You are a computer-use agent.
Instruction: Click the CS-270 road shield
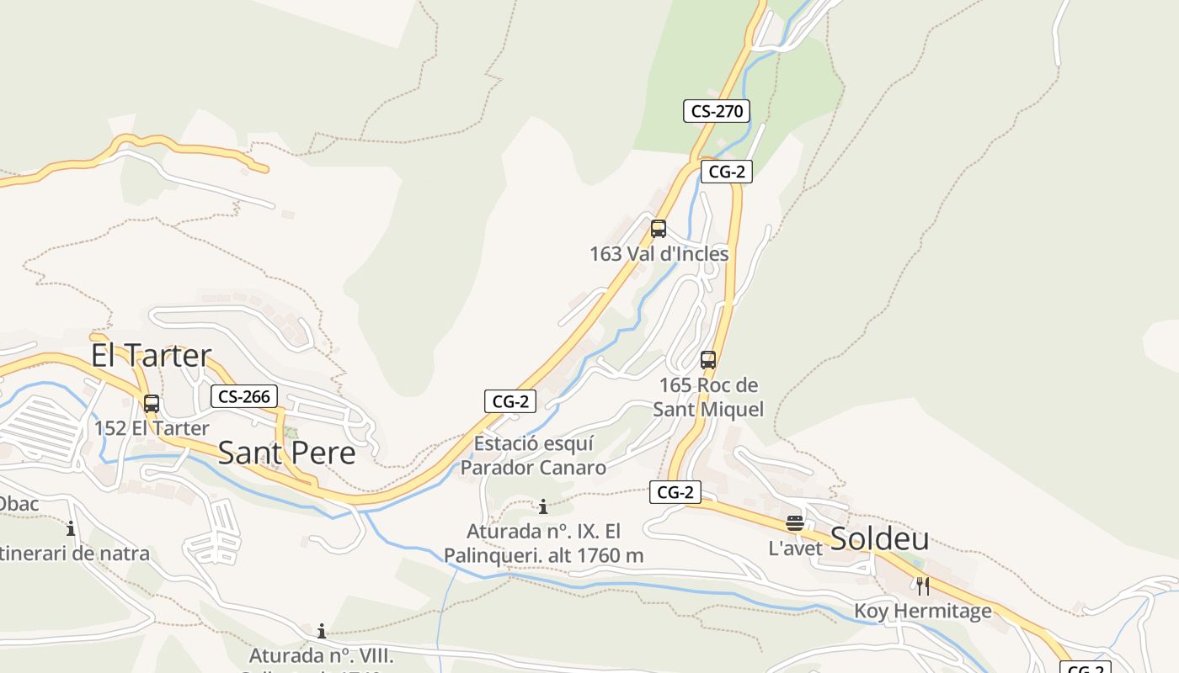click(x=716, y=110)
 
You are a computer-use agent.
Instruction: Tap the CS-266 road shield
click(x=244, y=396)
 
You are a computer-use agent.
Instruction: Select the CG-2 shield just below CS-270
click(x=726, y=172)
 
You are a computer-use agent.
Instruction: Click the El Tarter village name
click(x=151, y=355)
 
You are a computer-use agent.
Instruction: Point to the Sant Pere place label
click(x=286, y=453)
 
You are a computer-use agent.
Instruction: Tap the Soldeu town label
click(x=880, y=538)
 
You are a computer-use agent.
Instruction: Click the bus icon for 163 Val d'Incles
click(x=659, y=228)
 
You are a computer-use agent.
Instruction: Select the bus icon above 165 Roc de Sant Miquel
click(x=708, y=360)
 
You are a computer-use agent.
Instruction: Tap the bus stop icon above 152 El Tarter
click(x=152, y=403)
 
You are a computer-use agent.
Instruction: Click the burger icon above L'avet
click(x=795, y=523)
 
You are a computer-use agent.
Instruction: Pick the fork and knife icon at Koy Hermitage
click(x=923, y=586)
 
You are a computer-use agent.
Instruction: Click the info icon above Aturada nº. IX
click(x=543, y=506)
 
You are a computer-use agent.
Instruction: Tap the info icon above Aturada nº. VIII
click(x=321, y=631)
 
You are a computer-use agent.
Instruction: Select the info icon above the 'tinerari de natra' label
click(x=71, y=529)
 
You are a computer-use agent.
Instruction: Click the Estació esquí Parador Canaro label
click(x=534, y=455)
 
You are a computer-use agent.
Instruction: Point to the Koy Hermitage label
click(x=923, y=611)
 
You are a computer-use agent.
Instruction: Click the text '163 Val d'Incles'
click(x=659, y=253)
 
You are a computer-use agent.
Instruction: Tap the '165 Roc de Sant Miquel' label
click(x=708, y=397)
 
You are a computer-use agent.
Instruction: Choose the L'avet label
click(x=795, y=548)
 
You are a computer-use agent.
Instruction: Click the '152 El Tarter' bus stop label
click(x=152, y=428)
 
